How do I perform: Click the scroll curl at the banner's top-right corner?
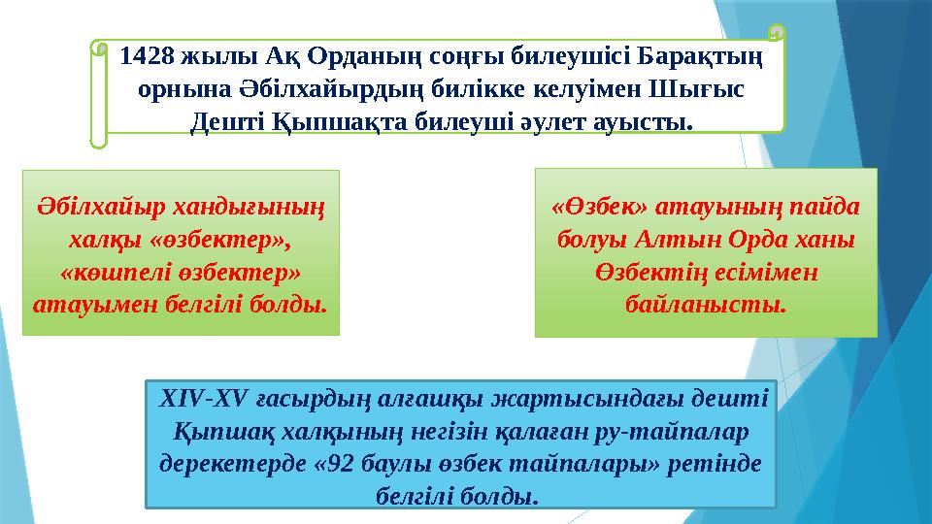click(775, 35)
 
